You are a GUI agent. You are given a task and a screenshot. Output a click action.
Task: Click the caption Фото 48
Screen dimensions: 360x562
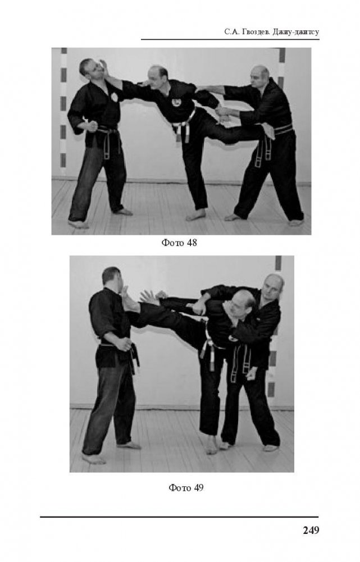179,243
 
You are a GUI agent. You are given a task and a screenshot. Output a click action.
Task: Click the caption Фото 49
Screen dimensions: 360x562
186,487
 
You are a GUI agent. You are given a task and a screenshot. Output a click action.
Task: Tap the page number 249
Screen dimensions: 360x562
311,530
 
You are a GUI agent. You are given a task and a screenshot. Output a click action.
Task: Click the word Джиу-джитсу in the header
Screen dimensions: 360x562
296,32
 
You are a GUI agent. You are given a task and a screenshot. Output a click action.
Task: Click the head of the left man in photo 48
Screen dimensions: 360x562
90,70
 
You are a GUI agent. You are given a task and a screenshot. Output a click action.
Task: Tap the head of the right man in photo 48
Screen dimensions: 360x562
260,76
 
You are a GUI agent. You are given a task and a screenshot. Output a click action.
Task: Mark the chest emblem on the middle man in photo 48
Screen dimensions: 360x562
176,103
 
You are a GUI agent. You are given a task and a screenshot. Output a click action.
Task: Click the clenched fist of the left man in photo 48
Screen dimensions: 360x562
92,126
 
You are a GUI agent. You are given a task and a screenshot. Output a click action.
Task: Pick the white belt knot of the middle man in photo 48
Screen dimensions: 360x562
176,127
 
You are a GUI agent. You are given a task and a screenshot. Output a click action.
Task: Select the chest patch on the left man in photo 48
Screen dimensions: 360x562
115,97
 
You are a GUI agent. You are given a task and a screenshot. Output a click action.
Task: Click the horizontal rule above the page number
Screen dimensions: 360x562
179,517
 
